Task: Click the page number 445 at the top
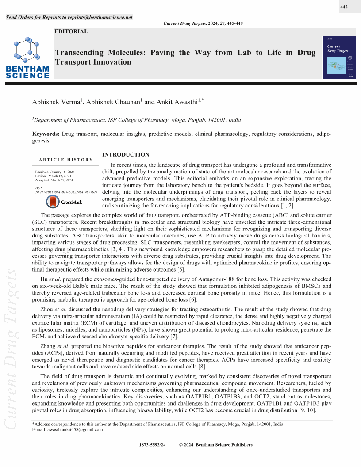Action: click(344, 7)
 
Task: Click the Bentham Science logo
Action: click(27, 58)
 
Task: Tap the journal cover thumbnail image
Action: click(340, 57)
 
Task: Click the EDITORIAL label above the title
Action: click(71, 31)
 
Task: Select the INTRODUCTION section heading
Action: click(126, 154)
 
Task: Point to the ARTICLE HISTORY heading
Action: click(66, 160)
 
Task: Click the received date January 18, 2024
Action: click(55, 172)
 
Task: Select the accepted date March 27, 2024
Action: click(54, 180)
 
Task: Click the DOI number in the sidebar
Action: click(66, 192)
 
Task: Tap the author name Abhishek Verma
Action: click(56, 102)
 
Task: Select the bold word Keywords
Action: click(46, 134)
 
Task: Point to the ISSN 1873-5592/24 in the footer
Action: click(152, 445)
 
